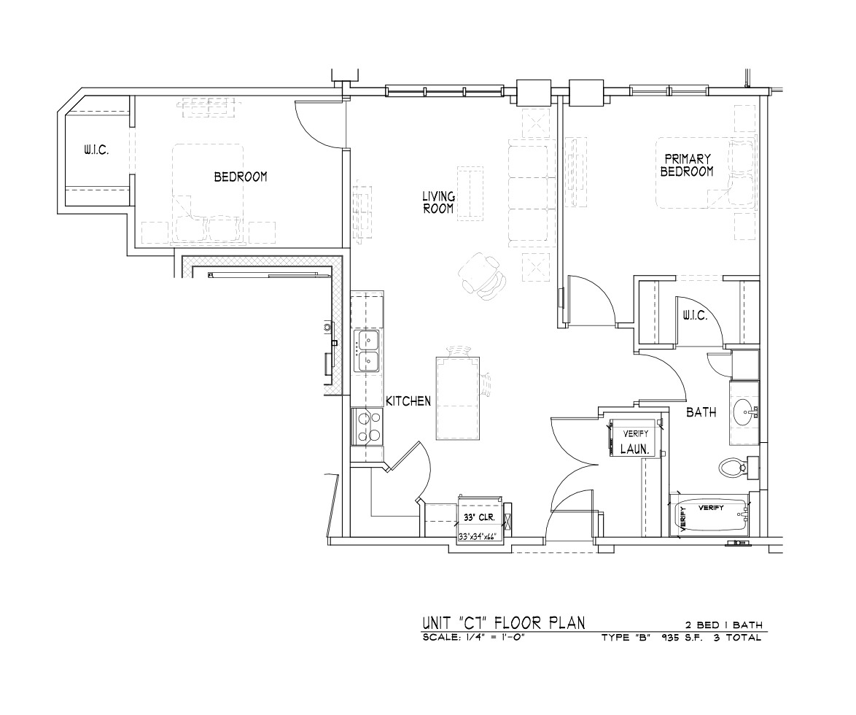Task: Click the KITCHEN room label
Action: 408,401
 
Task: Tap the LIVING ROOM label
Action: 438,202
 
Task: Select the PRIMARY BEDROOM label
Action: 687,165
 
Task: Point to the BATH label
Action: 701,412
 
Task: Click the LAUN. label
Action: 635,449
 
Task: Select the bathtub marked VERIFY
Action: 709,516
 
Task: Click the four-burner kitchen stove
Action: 367,426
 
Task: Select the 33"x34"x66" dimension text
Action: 477,536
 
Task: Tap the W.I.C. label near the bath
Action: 695,316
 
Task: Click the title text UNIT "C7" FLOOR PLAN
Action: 503,622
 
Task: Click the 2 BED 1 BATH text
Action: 724,625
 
